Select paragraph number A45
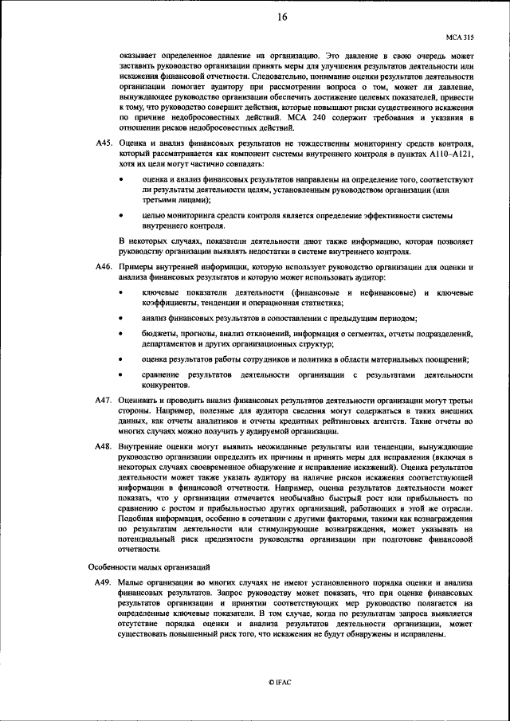(103, 143)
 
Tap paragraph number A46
(103, 267)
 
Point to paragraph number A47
(103, 398)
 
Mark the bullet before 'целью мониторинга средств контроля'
(122, 216)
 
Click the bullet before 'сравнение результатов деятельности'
(122, 374)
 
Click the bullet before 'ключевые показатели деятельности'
(122, 292)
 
